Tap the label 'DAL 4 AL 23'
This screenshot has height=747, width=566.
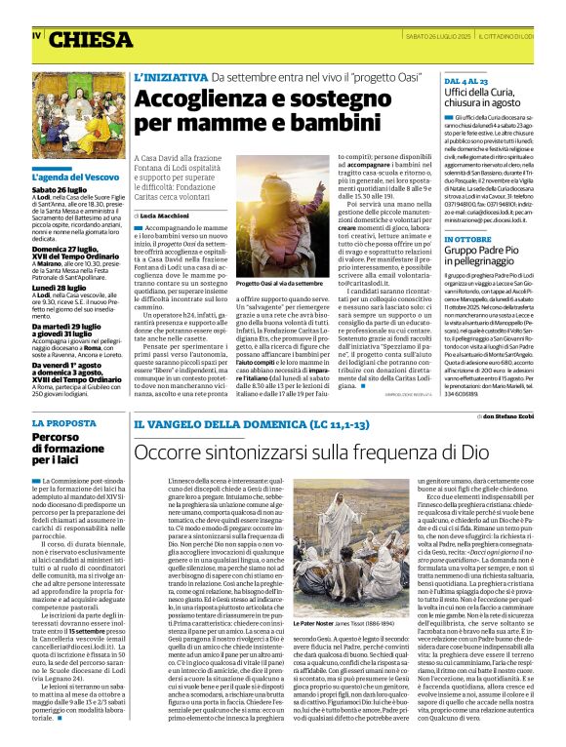click(x=465, y=79)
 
